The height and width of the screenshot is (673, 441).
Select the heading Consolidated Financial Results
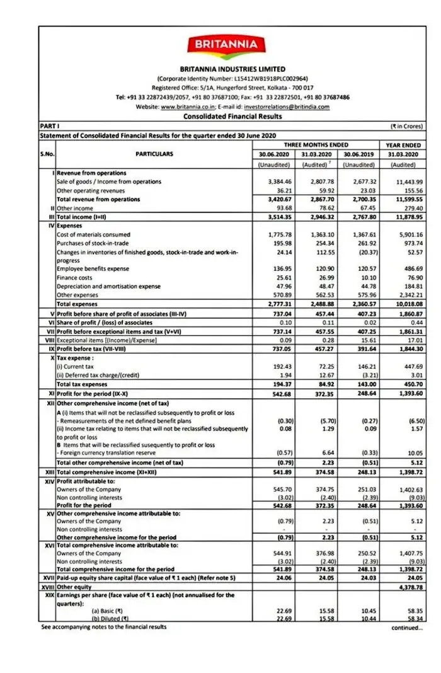pyautogui.click(x=232, y=116)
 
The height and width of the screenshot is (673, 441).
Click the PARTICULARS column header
pyautogui.click(x=154, y=153)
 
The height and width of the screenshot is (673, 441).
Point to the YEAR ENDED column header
pyautogui.click(x=403, y=145)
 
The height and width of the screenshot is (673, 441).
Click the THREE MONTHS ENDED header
pyautogui.click(x=316, y=145)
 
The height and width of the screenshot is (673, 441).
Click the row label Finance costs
pyautogui.click(x=74, y=278)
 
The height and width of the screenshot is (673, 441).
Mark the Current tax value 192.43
pyautogui.click(x=275, y=366)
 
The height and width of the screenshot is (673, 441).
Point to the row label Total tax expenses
pyautogui.click(x=82, y=384)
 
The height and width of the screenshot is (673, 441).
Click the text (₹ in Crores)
pyautogui.click(x=407, y=126)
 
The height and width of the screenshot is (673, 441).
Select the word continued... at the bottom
pyautogui.click(x=406, y=628)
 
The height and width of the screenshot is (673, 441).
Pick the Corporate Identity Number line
pyautogui.click(x=232, y=78)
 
